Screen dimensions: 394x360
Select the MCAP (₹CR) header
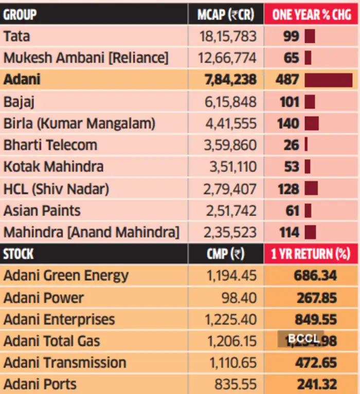coord(225,14)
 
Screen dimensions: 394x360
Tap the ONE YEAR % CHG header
coord(312,14)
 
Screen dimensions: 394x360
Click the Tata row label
coord(17,37)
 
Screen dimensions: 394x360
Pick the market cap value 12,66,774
coord(227,58)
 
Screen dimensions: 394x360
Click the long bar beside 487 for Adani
coord(328,80)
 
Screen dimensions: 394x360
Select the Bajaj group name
coord(19,102)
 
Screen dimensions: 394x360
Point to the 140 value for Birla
coord(289,123)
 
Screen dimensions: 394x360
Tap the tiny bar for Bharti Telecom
coord(306,145)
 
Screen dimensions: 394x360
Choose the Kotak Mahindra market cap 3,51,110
coord(230,167)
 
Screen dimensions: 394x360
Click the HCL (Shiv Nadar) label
coord(56,189)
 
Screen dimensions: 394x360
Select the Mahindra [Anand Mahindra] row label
coord(91,232)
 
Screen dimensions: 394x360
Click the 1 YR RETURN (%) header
coord(311,254)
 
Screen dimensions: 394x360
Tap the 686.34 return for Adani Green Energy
coord(315,276)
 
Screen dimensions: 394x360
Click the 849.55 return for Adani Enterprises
coord(315,319)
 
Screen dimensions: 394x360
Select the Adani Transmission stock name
coord(65,362)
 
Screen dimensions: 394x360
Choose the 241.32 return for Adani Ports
coord(316,384)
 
